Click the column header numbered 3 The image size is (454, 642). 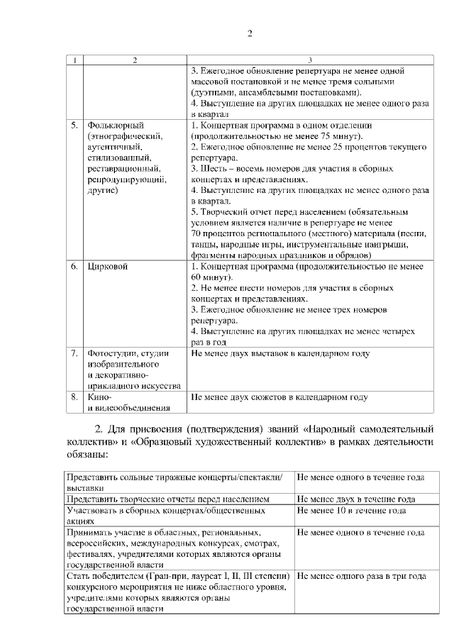(310, 60)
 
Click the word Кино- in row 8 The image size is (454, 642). (99, 397)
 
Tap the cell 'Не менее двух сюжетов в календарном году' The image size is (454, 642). (279, 397)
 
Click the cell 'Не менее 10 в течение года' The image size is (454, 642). (351, 510)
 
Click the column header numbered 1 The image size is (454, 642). (74, 60)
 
